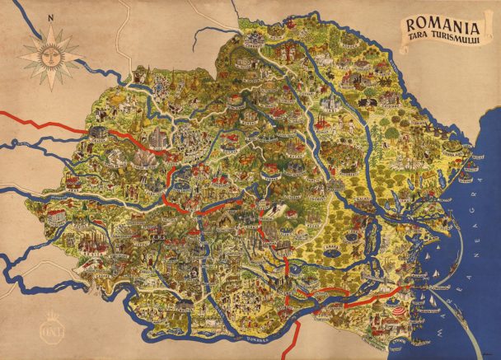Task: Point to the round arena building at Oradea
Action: tap(101, 132)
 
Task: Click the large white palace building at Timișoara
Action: tap(59, 217)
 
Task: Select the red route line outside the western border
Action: tap(41, 123)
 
